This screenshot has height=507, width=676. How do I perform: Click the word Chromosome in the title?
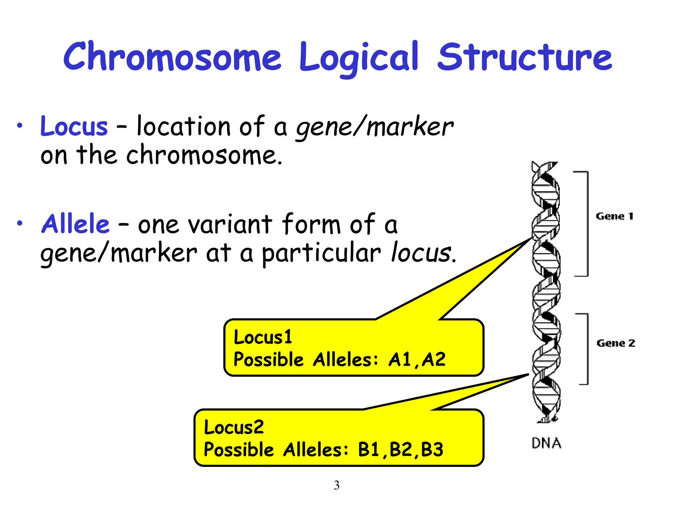(172, 57)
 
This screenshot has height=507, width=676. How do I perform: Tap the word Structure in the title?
(525, 57)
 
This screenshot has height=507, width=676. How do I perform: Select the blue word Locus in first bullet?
(74, 127)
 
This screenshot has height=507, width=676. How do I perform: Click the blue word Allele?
(75, 224)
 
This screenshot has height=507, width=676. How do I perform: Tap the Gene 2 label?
(616, 343)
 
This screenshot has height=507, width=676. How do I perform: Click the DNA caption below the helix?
(546, 443)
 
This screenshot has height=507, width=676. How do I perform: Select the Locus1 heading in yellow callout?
(263, 337)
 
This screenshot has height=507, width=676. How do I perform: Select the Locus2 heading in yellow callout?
(234, 427)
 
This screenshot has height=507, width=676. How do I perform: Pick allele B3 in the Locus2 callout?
(432, 450)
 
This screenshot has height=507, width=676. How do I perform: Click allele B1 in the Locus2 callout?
(369, 450)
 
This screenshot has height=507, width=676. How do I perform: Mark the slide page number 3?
(336, 485)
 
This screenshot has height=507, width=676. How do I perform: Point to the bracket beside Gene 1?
(587, 223)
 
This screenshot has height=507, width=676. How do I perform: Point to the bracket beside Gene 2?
(587, 349)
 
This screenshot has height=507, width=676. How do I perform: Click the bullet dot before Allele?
(20, 223)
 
